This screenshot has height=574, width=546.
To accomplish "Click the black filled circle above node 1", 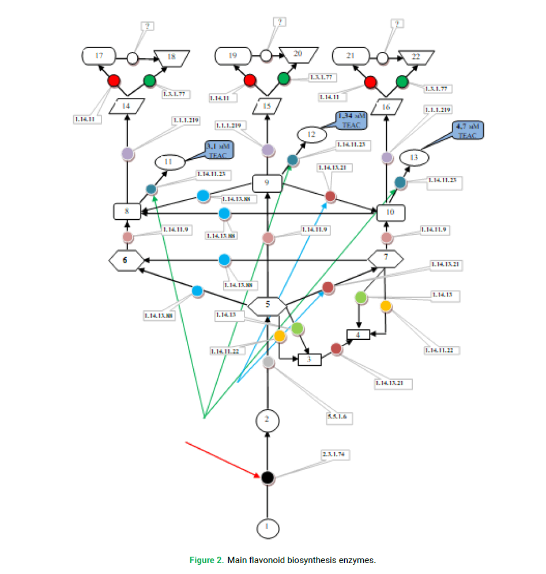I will [x=267, y=478].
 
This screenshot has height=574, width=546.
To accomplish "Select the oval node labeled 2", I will [x=267, y=420].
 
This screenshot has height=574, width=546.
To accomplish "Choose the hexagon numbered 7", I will [x=386, y=256].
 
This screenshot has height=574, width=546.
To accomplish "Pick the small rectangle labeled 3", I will [x=309, y=360].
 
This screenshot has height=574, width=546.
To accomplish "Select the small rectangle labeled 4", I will [x=357, y=335].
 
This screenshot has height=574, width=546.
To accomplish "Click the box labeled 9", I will [x=267, y=183].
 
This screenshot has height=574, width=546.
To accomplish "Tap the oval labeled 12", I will [x=312, y=134].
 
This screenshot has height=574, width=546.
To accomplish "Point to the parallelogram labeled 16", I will [x=386, y=106].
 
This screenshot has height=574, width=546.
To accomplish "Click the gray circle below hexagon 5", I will [x=269, y=363].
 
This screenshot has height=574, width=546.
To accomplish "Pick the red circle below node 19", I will [x=250, y=81].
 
